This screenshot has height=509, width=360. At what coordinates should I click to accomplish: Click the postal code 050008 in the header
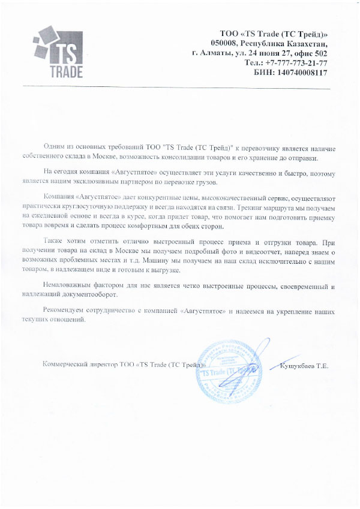click(224, 43)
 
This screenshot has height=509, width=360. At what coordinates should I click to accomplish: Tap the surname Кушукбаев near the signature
click(296, 365)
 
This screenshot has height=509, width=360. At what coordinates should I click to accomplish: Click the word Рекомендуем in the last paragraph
click(66, 311)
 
